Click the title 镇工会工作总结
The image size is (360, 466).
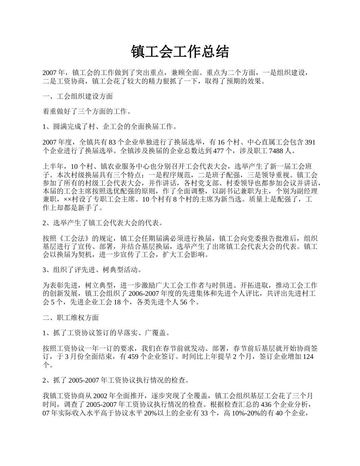[180, 52]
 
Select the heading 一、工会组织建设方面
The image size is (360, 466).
[77, 96]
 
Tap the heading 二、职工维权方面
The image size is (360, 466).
[70, 317]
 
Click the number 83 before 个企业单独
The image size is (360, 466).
[112, 142]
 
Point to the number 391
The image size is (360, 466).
[310, 142]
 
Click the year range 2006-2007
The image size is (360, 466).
[145, 293]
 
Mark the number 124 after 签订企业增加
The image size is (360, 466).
[308, 357]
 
